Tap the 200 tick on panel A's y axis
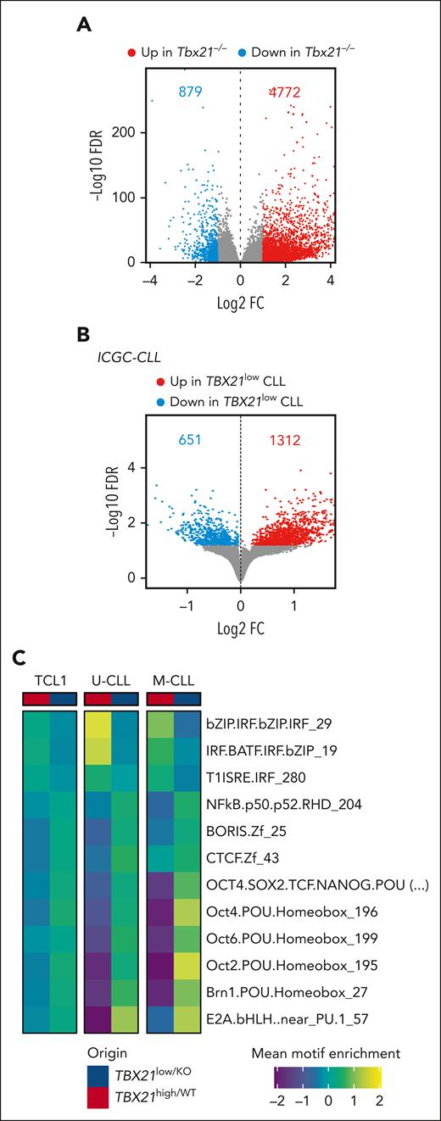(126, 133)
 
